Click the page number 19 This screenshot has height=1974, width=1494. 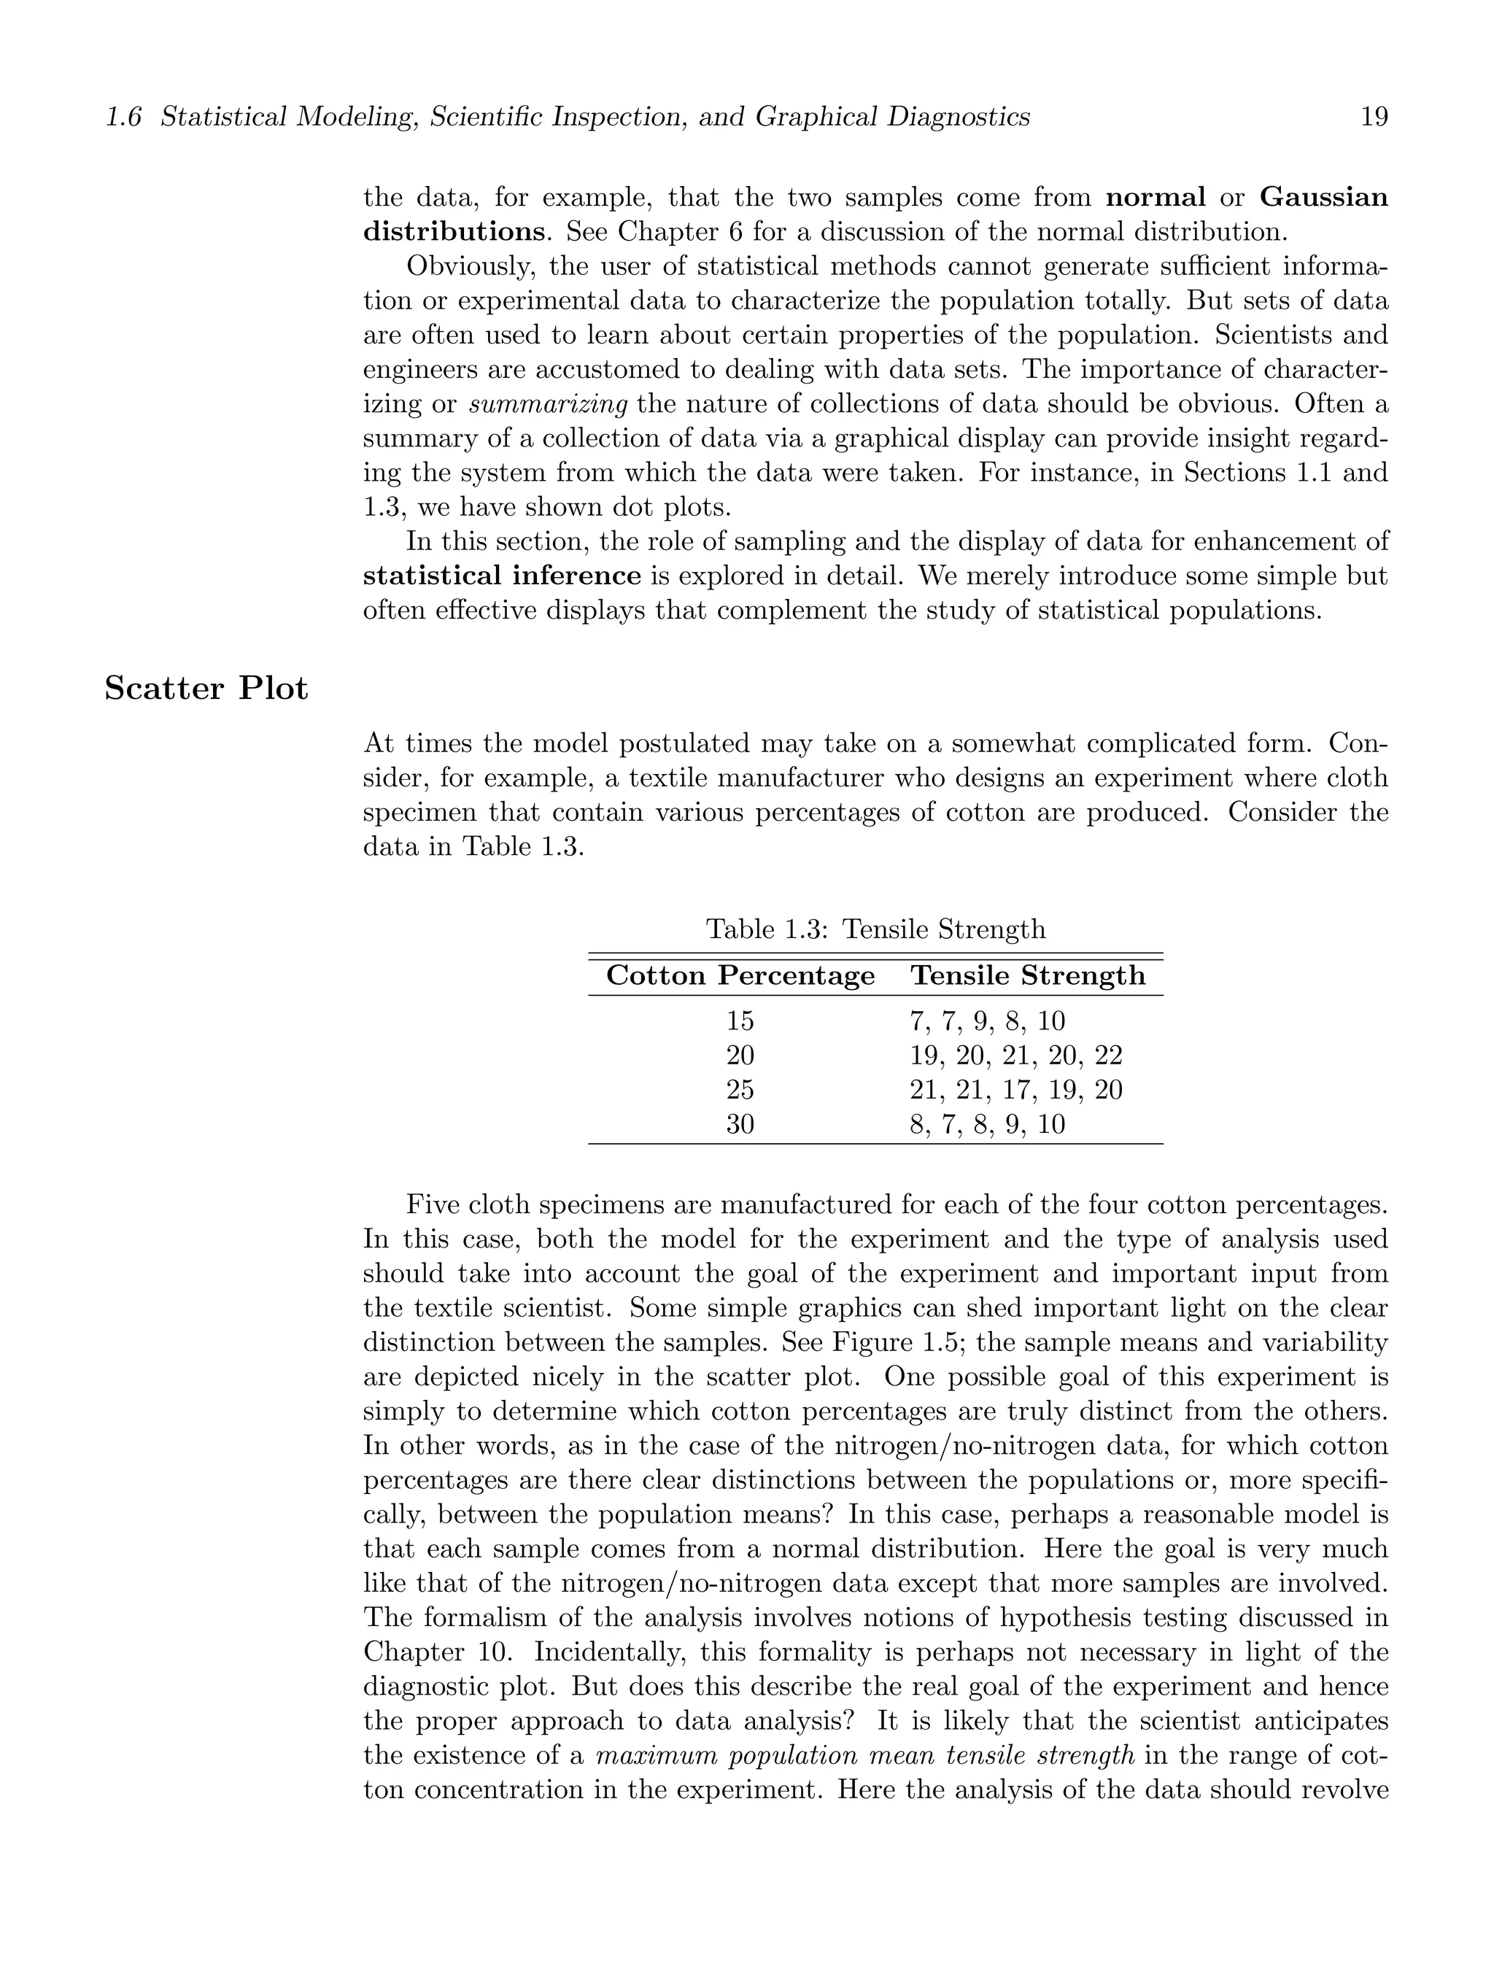click(x=1374, y=117)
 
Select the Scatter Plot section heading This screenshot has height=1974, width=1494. click(x=206, y=689)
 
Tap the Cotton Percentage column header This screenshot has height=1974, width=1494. click(x=740, y=975)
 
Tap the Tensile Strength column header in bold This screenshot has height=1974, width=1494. click(x=1027, y=975)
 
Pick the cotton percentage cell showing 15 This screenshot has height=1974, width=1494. click(x=740, y=1021)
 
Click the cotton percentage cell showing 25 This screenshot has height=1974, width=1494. click(x=740, y=1090)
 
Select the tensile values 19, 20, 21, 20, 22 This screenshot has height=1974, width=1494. click(x=1015, y=1056)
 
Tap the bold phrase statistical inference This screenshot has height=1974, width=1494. click(x=502, y=576)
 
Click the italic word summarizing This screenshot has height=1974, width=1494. click(x=549, y=404)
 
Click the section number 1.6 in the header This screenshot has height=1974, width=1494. click(x=123, y=117)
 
